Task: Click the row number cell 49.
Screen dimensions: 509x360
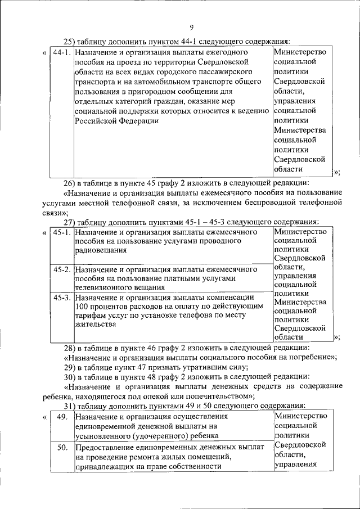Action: coord(62,417)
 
